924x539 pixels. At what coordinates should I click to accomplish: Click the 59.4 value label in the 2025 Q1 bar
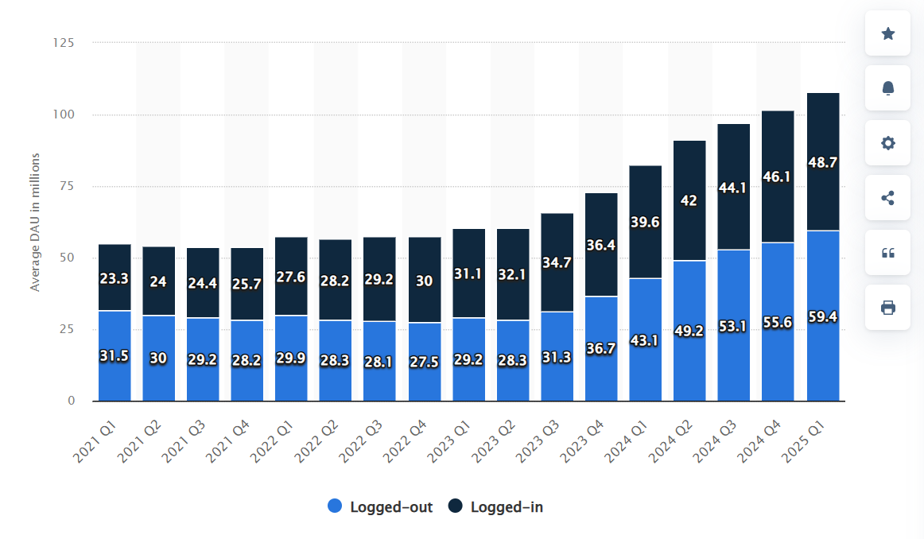point(823,317)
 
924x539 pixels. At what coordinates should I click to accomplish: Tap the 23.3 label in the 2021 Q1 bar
point(115,279)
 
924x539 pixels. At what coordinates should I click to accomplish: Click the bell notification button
point(887,88)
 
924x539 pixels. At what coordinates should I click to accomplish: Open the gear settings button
point(887,143)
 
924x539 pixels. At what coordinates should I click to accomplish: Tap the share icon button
point(887,198)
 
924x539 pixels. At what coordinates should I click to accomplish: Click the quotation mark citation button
point(887,253)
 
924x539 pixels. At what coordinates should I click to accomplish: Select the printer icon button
point(887,308)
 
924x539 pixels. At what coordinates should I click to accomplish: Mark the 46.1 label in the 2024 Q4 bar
point(778,176)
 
